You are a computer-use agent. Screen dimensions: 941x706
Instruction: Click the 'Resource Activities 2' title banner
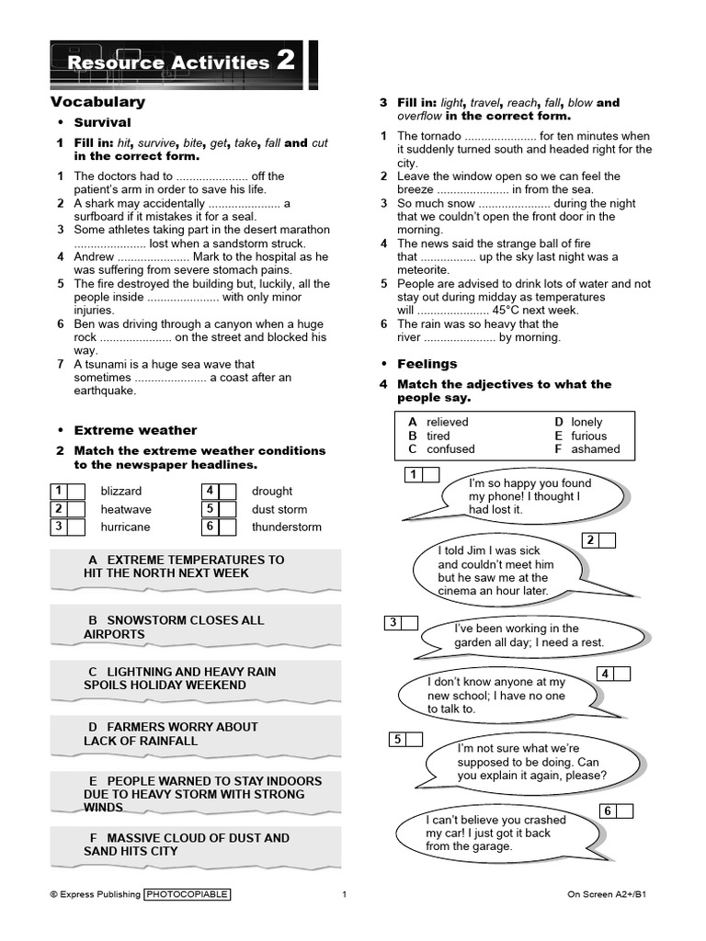[x=182, y=62]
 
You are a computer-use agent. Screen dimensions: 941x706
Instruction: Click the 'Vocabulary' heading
[x=97, y=102]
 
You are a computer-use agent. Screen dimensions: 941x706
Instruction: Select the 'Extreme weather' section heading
[x=135, y=430]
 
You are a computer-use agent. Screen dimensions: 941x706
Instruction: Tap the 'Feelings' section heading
[x=427, y=364]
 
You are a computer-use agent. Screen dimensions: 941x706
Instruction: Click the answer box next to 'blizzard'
[x=75, y=492]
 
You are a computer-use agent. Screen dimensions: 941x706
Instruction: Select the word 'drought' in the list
[x=272, y=492]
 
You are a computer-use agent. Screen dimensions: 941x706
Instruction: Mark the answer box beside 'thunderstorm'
[x=228, y=527]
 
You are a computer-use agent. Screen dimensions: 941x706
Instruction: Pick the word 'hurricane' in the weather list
[x=125, y=527]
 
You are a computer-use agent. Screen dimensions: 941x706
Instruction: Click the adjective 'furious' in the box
[x=588, y=436]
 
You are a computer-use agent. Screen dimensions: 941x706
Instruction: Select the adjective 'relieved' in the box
[x=447, y=422]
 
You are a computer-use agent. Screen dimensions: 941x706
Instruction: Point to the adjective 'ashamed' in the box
[x=595, y=449]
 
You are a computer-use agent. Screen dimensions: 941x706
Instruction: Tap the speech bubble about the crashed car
[x=495, y=833]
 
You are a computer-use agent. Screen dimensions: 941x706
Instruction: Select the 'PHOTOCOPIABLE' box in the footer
[x=188, y=894]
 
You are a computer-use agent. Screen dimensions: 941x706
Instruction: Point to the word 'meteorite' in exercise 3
[x=426, y=270]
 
